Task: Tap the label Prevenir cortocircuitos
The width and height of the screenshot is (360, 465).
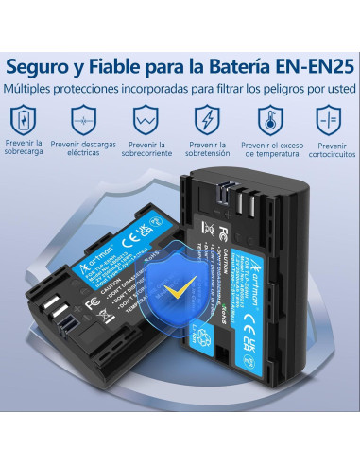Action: point(328,151)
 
